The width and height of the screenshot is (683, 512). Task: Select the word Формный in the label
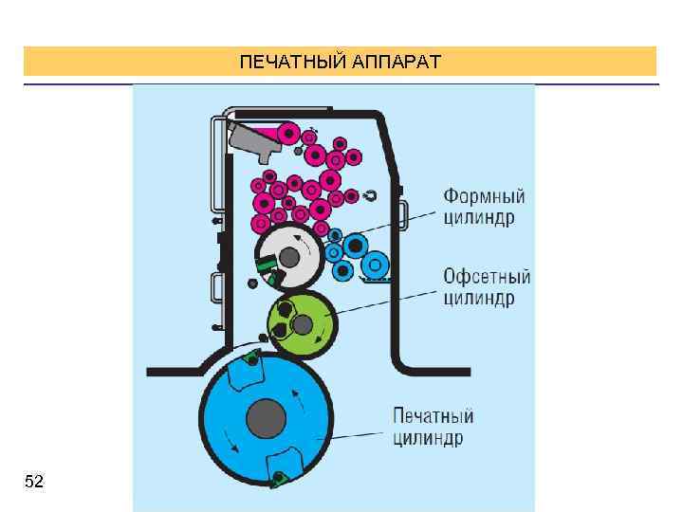pos(484,197)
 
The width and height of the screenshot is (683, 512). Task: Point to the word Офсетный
pos(487,278)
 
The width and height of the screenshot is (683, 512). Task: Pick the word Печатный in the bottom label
pos(433,416)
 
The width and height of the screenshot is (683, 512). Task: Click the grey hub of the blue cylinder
pos(266,417)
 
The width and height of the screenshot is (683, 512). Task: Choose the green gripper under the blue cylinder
pos(279,480)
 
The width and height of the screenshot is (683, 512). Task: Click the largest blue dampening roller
pos(356,247)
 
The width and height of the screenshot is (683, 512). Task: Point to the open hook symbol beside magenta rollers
pos(370,196)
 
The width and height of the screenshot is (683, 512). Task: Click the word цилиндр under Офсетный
pos(479,299)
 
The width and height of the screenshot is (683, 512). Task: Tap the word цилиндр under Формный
pos(480,218)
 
